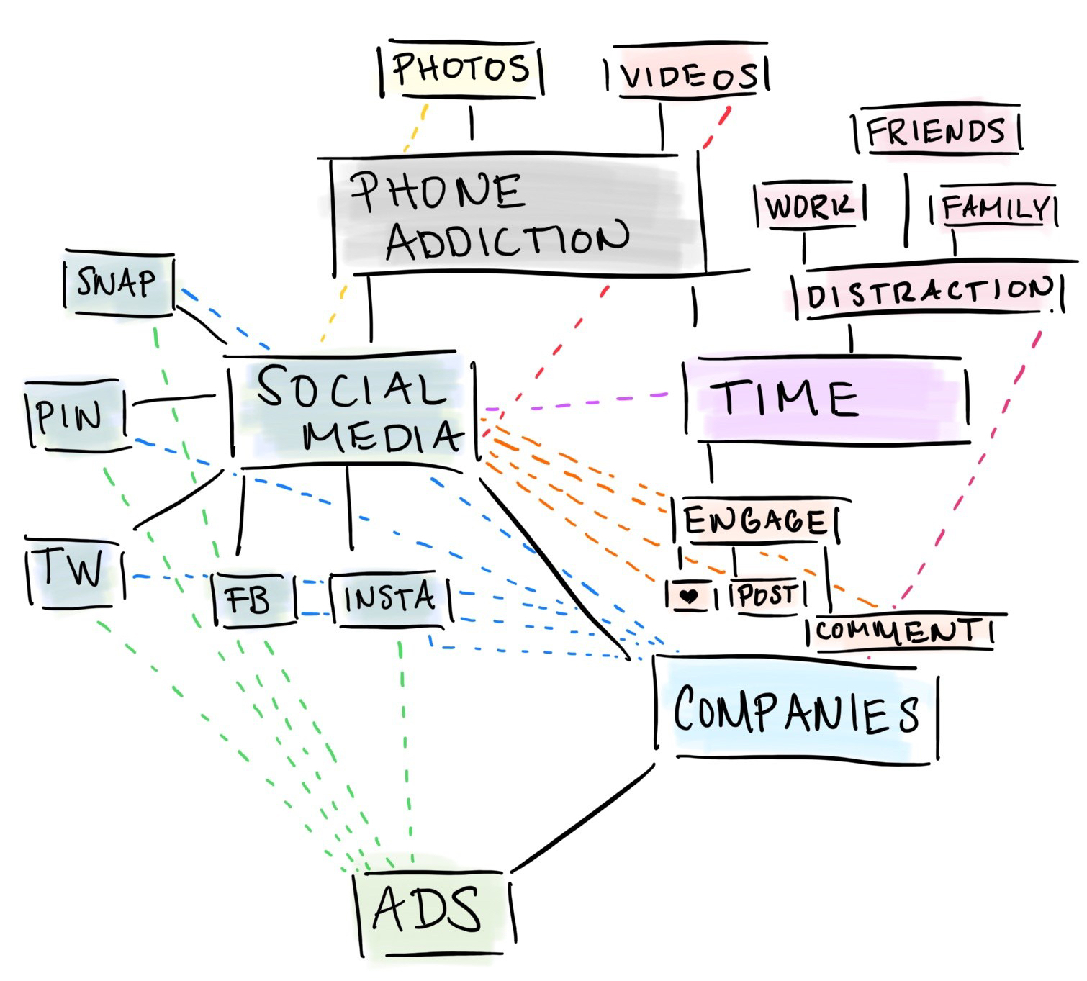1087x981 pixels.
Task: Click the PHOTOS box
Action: coord(461,70)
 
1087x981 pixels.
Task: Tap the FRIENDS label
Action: coord(936,132)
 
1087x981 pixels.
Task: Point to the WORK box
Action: coord(809,207)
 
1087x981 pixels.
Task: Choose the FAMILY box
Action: coord(994,208)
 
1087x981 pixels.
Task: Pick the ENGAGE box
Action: coord(755,520)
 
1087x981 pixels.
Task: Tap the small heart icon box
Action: coord(690,596)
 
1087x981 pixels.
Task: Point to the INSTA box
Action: coord(389,599)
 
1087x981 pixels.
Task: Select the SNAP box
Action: coord(117,283)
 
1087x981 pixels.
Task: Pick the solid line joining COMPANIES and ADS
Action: coord(583,817)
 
